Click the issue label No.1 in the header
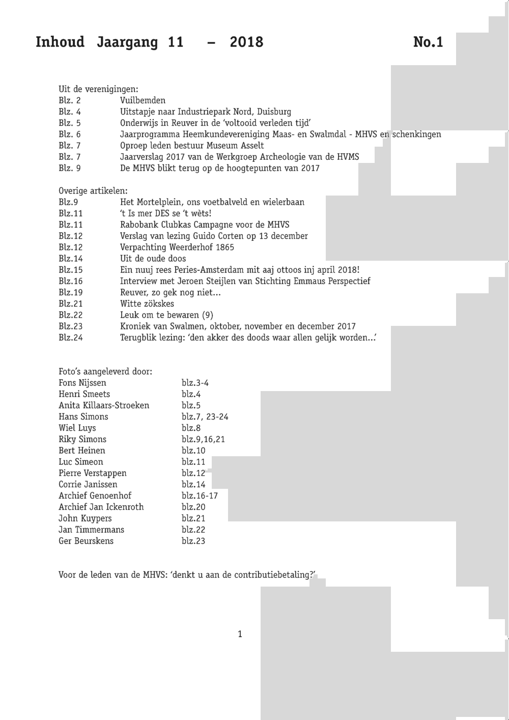click(428, 42)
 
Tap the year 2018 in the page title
click(246, 42)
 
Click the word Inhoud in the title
click(60, 42)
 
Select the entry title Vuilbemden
click(143, 100)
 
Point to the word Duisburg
click(274, 112)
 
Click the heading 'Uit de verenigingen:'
click(98, 89)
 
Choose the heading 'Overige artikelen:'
click(93, 191)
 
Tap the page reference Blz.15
click(70, 270)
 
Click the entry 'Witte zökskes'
click(147, 303)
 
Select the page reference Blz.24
click(70, 338)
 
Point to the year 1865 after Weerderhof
click(224, 247)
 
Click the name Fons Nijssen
click(82, 383)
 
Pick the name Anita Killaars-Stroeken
click(104, 405)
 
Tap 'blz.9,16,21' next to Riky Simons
click(203, 439)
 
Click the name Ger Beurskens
click(86, 541)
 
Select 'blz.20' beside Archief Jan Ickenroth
click(193, 507)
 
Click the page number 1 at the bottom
click(240, 634)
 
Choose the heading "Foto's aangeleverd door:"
click(105, 372)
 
